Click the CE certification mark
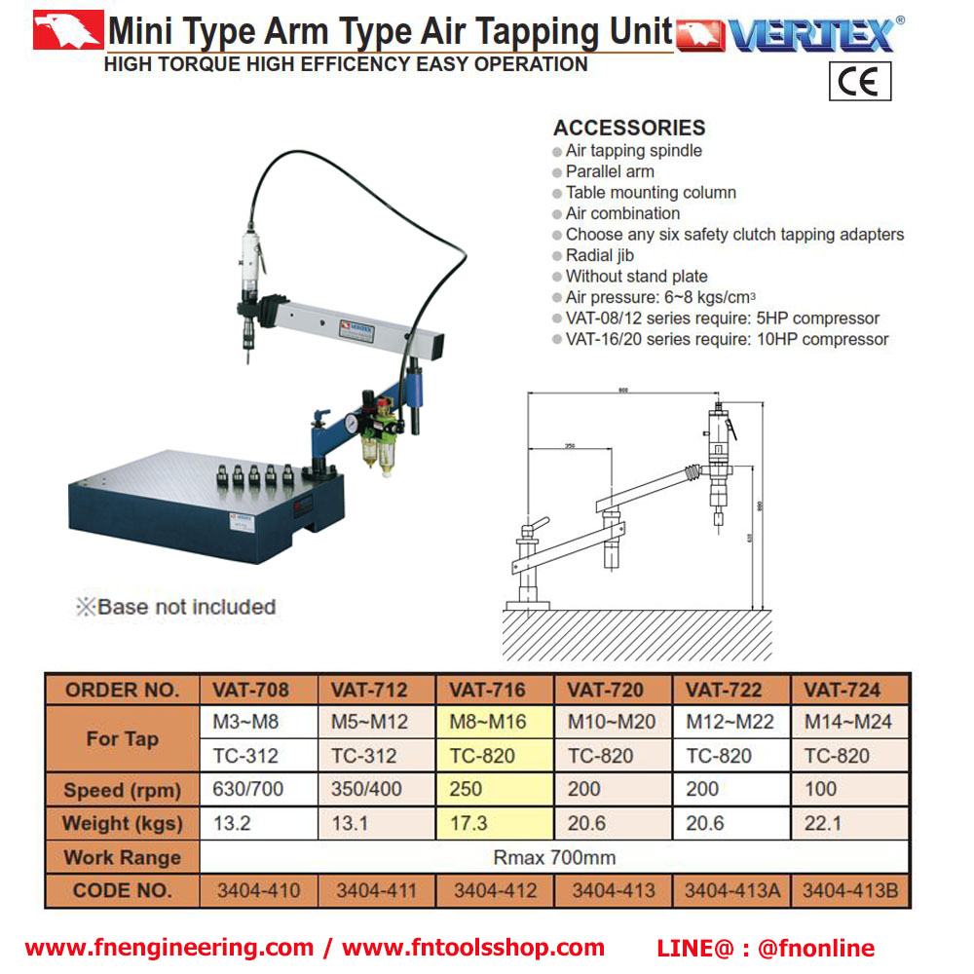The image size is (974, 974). [860, 82]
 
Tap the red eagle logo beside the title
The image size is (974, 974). [67, 31]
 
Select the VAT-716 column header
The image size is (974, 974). [487, 690]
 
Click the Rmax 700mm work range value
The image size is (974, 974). [553, 857]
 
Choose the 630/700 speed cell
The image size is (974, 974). [248, 789]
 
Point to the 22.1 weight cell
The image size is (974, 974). [821, 823]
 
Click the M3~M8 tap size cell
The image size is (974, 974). [245, 722]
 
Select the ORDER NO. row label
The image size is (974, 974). [123, 690]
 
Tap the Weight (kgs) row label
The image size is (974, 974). [123, 823]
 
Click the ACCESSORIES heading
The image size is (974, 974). [629, 128]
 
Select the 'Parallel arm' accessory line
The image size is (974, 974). [610, 171]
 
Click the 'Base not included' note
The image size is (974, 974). [177, 607]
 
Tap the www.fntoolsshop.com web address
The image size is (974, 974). [473, 948]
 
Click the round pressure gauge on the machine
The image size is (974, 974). [348, 425]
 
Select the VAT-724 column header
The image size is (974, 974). [843, 690]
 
